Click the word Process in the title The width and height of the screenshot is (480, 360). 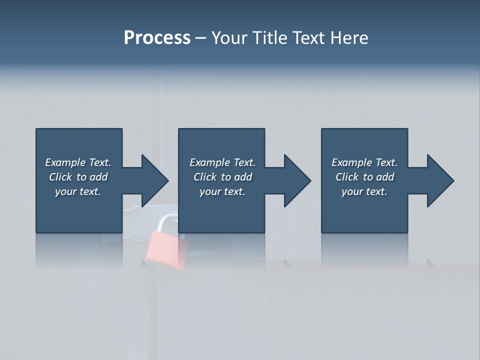point(157,38)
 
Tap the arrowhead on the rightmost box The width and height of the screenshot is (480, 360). point(439,180)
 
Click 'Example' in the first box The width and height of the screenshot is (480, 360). point(65,162)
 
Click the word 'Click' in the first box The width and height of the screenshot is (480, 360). point(61,177)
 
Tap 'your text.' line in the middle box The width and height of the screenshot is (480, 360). point(222,191)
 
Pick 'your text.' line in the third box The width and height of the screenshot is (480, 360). point(364,191)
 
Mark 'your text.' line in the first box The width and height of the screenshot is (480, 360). point(77,191)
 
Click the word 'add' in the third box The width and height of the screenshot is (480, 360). point(385,177)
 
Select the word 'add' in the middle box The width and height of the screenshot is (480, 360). point(243,177)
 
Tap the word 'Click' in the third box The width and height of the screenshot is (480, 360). point(347,177)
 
